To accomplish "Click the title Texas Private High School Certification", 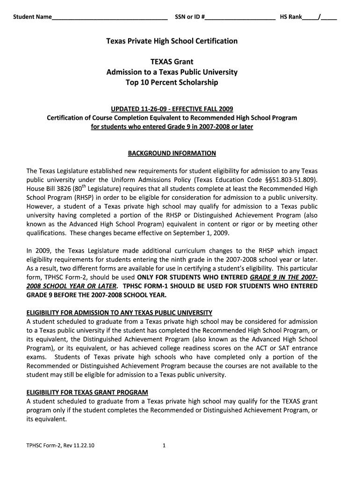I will tap(172, 41).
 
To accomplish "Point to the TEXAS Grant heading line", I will tap(172, 62).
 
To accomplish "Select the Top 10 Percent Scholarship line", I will tap(172, 83).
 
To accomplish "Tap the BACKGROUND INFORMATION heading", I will tap(172, 153).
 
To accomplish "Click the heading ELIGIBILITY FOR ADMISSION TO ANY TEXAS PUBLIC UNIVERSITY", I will tap(119, 312).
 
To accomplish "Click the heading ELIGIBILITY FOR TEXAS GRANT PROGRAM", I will tap(87, 392).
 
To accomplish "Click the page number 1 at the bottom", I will tap(164, 446).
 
